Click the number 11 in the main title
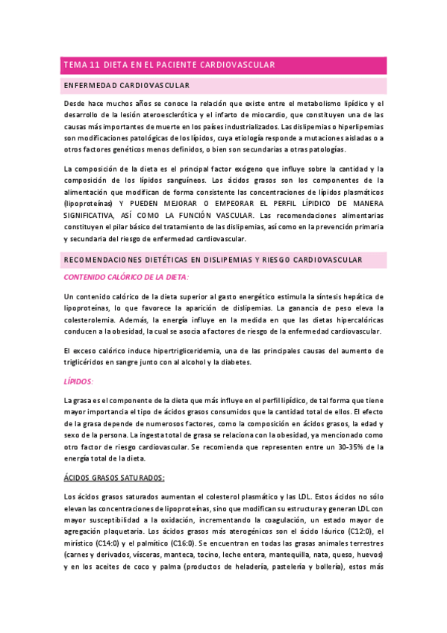tap(96, 65)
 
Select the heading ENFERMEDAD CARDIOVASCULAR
tap(127, 86)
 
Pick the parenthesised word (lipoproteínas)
tap(89, 204)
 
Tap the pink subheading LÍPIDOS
tap(79, 381)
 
